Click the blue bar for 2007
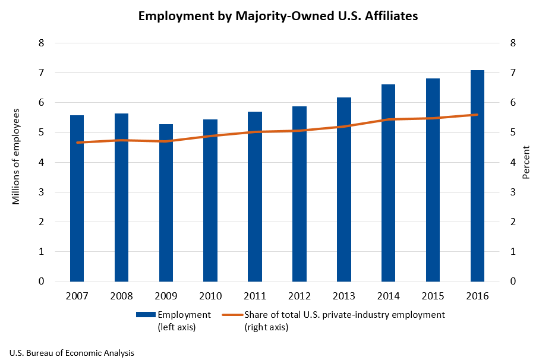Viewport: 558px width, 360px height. (x=77, y=198)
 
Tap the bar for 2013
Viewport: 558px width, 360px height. (x=343, y=190)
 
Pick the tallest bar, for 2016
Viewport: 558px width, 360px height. (x=477, y=176)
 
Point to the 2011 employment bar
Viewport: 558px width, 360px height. (x=255, y=197)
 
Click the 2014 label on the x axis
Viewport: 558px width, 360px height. (x=389, y=296)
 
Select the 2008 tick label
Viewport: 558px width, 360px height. (x=121, y=296)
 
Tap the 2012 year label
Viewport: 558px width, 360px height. (x=300, y=296)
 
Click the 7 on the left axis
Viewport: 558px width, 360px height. (x=42, y=73)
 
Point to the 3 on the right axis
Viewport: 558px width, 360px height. (x=512, y=192)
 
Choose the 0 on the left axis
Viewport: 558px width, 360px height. (x=42, y=282)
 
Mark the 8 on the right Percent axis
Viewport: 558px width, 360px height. (x=512, y=43)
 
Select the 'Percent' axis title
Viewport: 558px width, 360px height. (x=525, y=162)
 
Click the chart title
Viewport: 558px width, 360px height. (x=278, y=17)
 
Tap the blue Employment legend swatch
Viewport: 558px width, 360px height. (x=146, y=315)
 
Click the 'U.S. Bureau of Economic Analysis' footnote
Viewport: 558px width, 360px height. (x=72, y=353)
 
